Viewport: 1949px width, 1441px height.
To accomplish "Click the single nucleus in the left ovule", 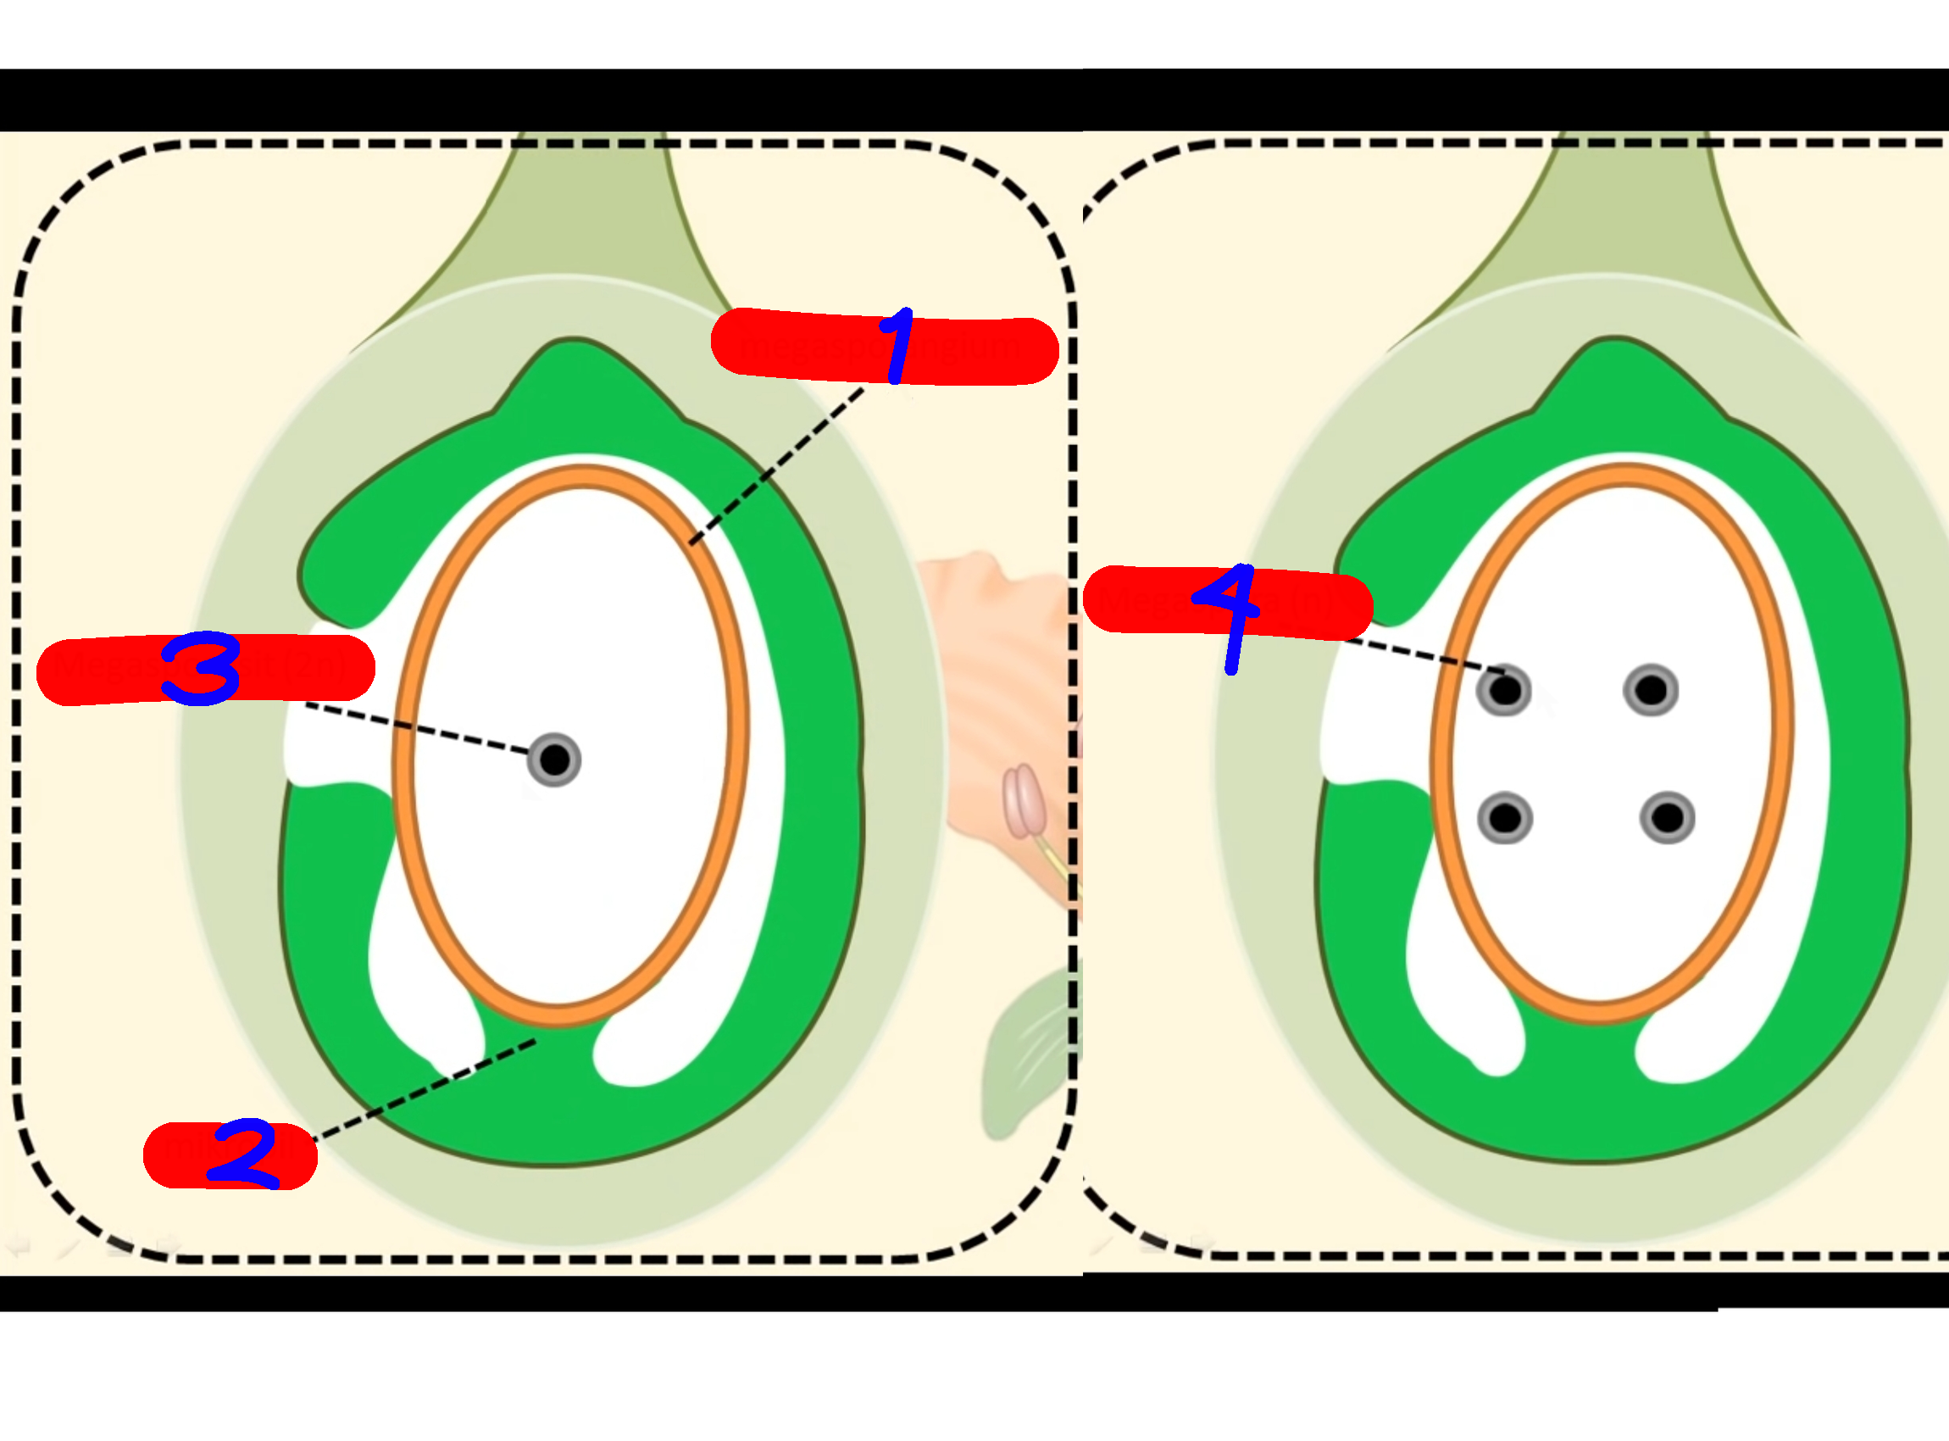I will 554,759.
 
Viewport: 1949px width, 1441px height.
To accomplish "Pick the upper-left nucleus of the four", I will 1504,691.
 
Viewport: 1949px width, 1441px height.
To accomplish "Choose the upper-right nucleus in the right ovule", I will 1651,691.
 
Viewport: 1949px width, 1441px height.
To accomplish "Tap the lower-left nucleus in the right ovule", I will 1504,818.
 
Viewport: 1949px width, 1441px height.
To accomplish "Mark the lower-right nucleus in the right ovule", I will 1668,818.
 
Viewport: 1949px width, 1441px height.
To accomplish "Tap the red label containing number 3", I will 96,670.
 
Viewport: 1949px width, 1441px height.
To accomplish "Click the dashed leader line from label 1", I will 776,467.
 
